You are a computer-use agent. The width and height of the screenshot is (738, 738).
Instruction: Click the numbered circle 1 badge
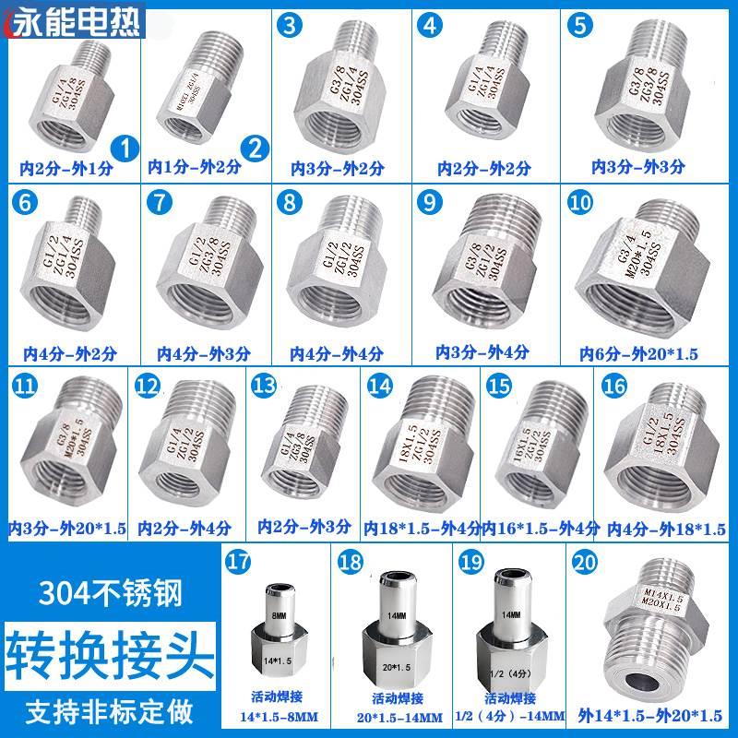point(124,146)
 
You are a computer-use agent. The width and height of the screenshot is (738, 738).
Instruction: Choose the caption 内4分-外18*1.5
point(666,530)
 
